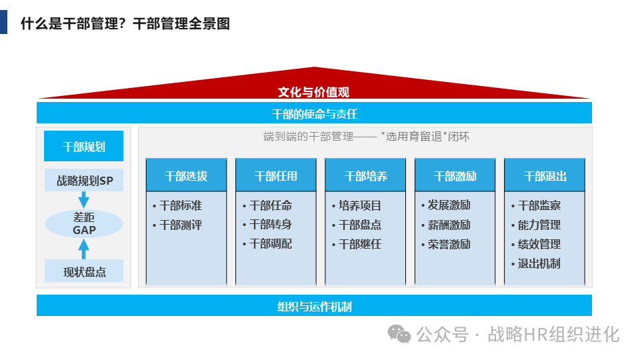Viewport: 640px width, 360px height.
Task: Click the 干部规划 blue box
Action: (83, 146)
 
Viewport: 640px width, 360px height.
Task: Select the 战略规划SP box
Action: (83, 180)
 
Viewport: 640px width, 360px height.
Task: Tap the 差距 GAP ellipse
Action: (84, 223)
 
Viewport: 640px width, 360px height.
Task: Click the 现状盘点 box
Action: (84, 271)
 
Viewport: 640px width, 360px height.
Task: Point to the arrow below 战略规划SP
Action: (83, 199)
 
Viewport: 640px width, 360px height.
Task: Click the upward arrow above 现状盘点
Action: (84, 249)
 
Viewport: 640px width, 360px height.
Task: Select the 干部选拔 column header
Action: (186, 176)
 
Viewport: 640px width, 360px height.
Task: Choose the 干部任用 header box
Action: (276, 176)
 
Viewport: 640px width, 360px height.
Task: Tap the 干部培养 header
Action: (365, 176)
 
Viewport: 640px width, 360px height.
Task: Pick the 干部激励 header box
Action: (455, 176)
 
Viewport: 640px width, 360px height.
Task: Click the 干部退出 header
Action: (545, 176)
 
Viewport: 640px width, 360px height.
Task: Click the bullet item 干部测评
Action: (180, 225)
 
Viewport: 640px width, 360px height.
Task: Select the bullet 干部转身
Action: (270, 225)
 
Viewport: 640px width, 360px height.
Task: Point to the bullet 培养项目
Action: (359, 206)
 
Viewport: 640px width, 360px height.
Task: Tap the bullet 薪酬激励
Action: (449, 225)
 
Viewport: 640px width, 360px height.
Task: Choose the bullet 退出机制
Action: (539, 263)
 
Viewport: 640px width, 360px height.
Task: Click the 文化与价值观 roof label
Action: (313, 92)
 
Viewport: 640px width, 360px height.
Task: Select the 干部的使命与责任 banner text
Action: (314, 113)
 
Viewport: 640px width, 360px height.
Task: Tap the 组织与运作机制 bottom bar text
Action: (314, 307)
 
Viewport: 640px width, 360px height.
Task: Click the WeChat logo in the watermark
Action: (400, 333)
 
